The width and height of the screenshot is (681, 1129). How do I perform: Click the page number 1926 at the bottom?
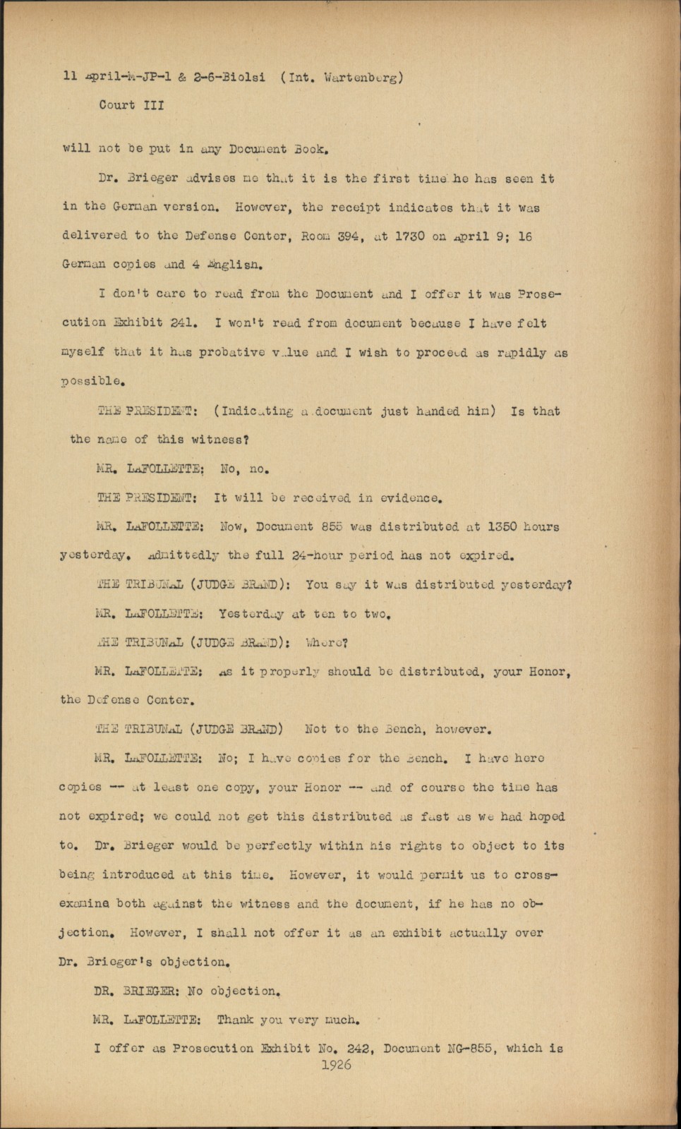click(336, 1065)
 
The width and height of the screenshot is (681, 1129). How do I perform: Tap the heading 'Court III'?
click(131, 105)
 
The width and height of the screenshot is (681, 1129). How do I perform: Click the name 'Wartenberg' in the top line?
click(363, 78)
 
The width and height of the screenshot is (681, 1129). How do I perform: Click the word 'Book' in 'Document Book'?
click(308, 150)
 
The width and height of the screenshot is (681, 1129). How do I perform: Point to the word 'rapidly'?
click(512, 352)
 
